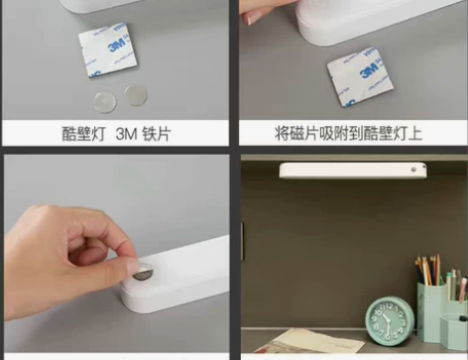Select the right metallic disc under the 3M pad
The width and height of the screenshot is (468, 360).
[x=135, y=95]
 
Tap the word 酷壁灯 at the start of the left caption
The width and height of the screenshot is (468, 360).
[x=84, y=133]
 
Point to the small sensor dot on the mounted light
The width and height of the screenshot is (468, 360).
[x=412, y=171]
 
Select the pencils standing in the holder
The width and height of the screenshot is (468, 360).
[x=434, y=271]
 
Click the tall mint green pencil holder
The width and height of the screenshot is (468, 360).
[x=432, y=309]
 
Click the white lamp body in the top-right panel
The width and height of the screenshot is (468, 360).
[x=377, y=20]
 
